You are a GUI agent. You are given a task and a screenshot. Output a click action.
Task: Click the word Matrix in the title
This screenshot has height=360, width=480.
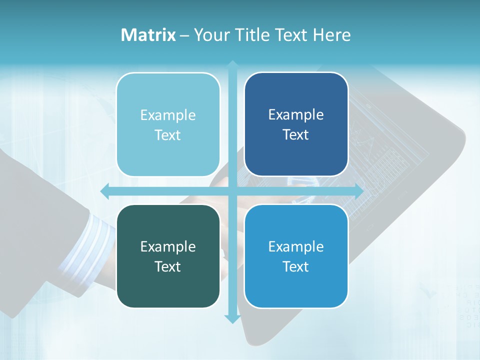[x=148, y=35]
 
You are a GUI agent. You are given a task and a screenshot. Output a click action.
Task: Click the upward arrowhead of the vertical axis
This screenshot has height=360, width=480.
[x=232, y=65]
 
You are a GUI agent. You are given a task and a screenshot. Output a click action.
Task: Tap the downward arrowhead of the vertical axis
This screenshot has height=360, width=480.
[x=232, y=318]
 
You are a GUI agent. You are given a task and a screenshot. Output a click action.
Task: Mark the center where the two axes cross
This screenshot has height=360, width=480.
[x=232, y=191]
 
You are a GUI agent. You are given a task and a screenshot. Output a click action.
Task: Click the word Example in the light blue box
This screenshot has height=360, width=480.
[x=168, y=115]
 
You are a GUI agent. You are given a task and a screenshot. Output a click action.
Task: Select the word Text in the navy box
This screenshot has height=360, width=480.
[x=296, y=135]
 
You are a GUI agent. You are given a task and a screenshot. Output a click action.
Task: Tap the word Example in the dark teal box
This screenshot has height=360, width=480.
[x=168, y=246]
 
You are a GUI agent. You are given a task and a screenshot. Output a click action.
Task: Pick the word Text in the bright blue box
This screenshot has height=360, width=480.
[x=296, y=266]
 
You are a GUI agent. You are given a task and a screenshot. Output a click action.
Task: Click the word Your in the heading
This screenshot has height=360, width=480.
[x=209, y=35]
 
